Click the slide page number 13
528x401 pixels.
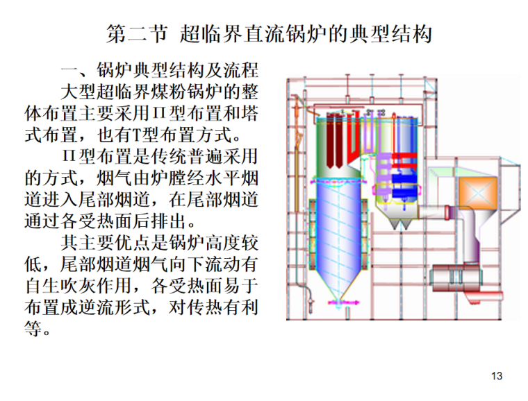tap(496, 376)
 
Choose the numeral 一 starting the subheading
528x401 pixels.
tap(69, 71)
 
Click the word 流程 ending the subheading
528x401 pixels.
tap(242, 71)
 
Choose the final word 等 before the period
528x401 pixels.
tap(33, 327)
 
